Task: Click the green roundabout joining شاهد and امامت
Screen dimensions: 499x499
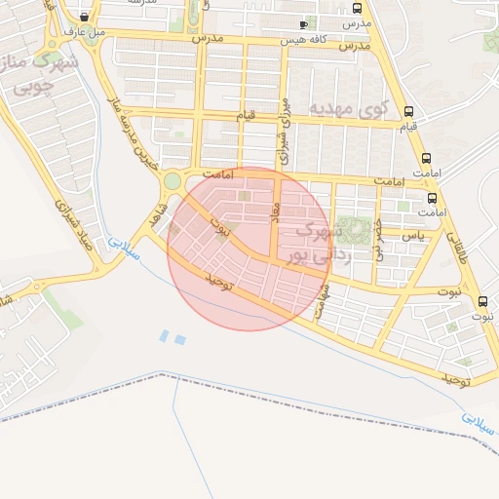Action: [173, 181]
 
